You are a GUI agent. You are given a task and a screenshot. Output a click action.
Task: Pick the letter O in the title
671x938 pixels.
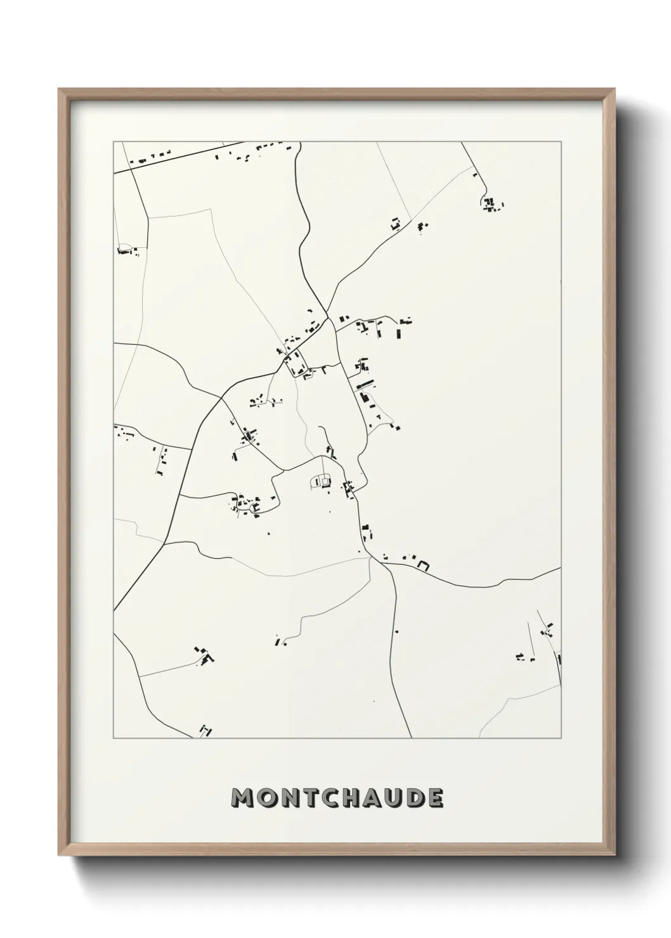268,798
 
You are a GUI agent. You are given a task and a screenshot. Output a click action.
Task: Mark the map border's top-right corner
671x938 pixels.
561,142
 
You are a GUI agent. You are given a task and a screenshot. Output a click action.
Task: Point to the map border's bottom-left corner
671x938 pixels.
114,738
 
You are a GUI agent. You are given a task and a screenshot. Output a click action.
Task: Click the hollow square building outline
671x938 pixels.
325,482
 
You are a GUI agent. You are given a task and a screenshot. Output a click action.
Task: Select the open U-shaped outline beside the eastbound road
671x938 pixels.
423,565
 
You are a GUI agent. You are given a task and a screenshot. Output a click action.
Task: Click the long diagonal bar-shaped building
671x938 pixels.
365,383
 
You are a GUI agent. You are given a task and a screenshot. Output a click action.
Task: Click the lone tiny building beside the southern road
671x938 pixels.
396,631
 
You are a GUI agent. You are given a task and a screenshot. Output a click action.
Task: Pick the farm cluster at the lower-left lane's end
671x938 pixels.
204,655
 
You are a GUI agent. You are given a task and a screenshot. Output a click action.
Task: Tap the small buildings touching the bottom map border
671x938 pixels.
205,731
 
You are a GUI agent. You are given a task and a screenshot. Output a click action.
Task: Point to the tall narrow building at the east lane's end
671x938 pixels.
399,333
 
